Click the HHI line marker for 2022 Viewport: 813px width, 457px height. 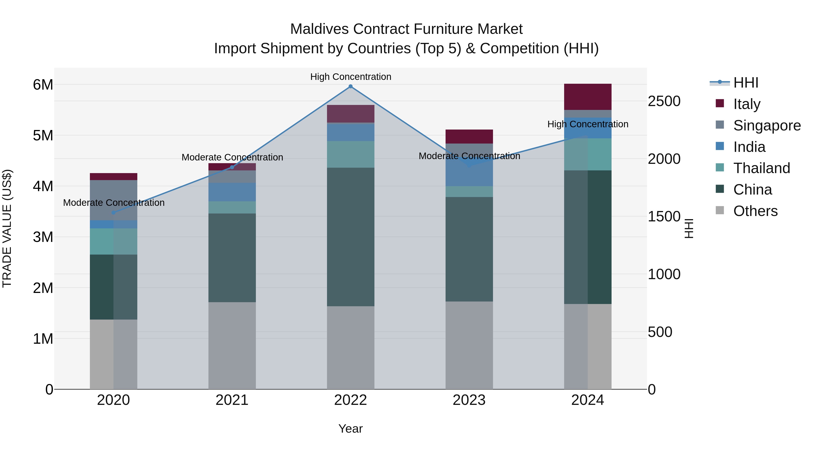pyautogui.click(x=350, y=86)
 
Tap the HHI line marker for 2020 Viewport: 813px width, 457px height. pyautogui.click(x=114, y=213)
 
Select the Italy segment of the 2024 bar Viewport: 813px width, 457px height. pyautogui.click(x=588, y=97)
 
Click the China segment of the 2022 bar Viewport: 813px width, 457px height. pyautogui.click(x=350, y=237)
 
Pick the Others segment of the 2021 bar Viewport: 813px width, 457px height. pyautogui.click(x=232, y=345)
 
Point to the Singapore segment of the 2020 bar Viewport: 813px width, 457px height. pyautogui.click(x=114, y=200)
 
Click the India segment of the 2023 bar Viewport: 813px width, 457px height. pyautogui.click(x=469, y=175)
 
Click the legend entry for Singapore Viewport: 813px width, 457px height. pyautogui.click(x=757, y=125)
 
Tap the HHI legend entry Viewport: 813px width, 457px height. pyautogui.click(x=735, y=83)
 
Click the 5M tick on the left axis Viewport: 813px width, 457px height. pyautogui.click(x=43, y=136)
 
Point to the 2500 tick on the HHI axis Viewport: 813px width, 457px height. pyautogui.click(x=664, y=101)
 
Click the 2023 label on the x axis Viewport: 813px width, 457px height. pyautogui.click(x=469, y=400)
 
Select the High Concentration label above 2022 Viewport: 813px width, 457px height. pyautogui.click(x=350, y=77)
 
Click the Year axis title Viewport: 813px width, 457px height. pyautogui.click(x=350, y=429)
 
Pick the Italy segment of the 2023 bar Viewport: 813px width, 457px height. pyautogui.click(x=469, y=137)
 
